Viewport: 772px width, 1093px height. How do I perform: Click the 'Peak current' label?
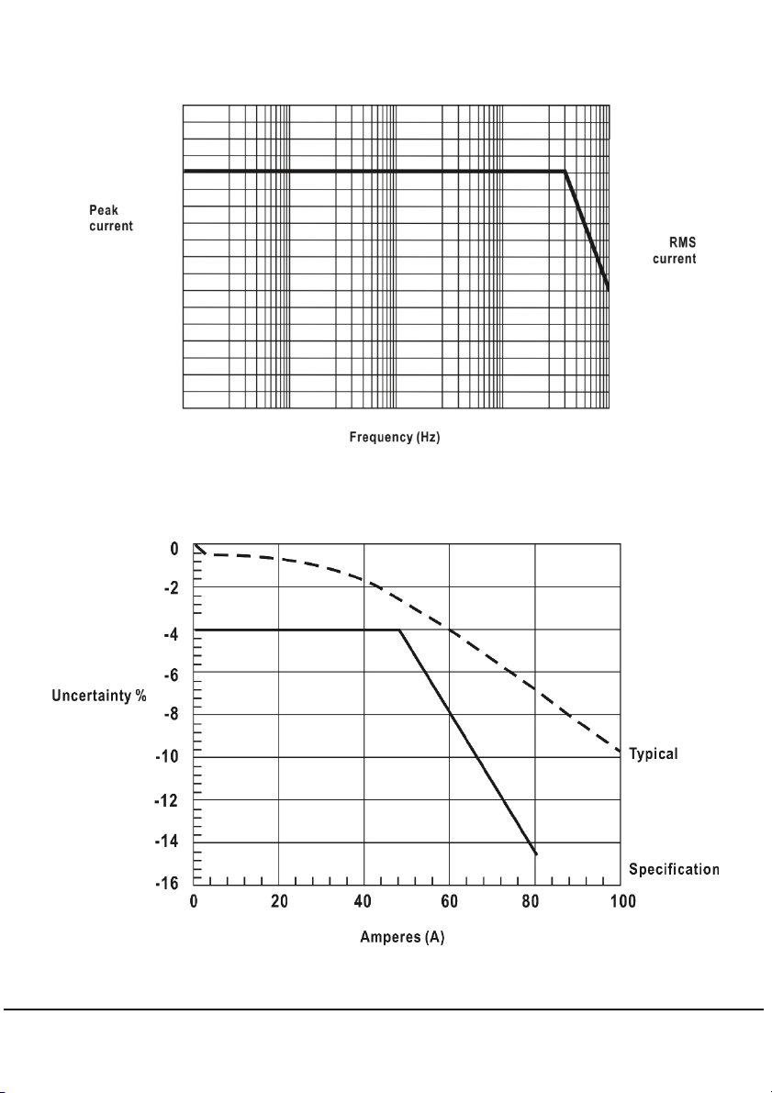click(111, 217)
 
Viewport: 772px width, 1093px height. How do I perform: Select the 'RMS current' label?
click(675, 251)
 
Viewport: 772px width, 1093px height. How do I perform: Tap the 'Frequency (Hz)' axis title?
click(395, 437)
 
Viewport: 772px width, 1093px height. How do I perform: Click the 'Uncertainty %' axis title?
click(99, 696)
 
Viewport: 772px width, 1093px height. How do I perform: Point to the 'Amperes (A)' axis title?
click(402, 937)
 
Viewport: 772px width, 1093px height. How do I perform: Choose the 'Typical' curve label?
click(654, 753)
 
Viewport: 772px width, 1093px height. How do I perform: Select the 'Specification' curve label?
click(674, 869)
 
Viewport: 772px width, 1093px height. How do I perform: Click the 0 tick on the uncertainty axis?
click(174, 550)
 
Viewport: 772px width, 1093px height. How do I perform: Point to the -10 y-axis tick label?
click(167, 757)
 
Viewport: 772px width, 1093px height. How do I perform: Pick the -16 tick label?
click(167, 883)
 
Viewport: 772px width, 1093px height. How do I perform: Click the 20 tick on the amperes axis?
click(279, 901)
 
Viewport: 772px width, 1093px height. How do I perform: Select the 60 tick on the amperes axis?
click(449, 901)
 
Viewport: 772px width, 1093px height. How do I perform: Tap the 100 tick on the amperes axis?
click(622, 901)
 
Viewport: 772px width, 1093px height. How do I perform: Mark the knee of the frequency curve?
click(565, 171)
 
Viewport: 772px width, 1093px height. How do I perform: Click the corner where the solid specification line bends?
click(399, 630)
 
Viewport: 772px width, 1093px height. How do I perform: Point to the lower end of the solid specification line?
click(536, 853)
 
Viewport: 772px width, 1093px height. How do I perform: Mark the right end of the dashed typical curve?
click(620, 753)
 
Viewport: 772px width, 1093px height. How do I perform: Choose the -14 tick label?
click(167, 842)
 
